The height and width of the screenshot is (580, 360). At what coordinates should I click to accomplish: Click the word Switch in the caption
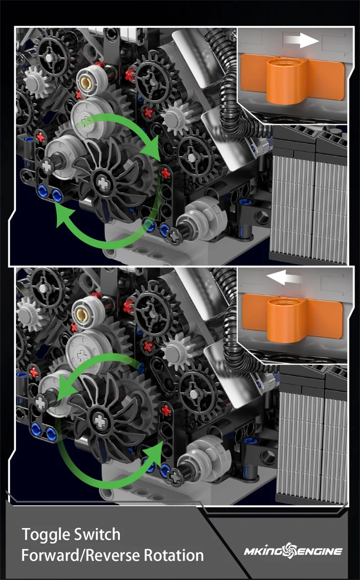tap(97, 534)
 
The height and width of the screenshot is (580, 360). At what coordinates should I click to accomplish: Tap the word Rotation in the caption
tap(174, 556)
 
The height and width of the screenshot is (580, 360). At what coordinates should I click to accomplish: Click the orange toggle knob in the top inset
tap(292, 79)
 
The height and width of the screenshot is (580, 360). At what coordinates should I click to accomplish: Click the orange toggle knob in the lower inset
tap(292, 319)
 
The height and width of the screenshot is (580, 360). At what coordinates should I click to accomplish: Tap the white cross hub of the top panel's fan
tap(103, 183)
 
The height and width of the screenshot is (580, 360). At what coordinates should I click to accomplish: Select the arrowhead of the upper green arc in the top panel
tap(152, 149)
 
